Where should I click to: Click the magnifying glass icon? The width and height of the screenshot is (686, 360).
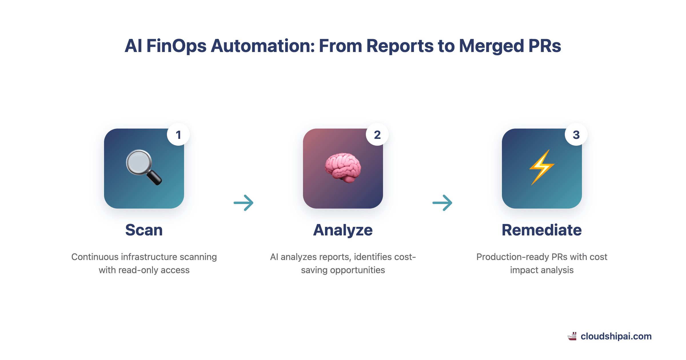click(144, 167)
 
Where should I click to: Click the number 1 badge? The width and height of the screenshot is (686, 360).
click(178, 135)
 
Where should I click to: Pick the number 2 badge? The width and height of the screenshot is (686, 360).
click(377, 135)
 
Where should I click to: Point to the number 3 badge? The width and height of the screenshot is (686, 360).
click(576, 135)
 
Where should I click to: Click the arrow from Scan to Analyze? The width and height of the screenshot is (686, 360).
click(244, 203)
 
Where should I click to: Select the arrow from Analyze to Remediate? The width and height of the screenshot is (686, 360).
click(442, 203)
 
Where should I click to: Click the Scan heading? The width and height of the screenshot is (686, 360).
click(144, 230)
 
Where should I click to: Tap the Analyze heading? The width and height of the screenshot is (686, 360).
click(343, 230)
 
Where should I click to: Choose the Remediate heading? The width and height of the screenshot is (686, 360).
click(542, 230)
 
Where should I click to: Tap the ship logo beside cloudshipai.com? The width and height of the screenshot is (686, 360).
click(572, 336)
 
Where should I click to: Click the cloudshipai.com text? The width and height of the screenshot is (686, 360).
click(616, 336)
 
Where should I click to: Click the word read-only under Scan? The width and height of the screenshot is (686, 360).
click(139, 270)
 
